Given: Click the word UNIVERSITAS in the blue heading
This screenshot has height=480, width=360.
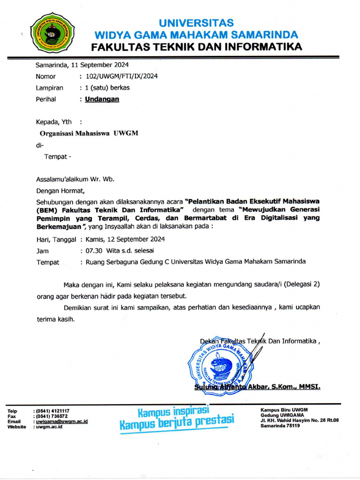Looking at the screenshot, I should click(196, 23).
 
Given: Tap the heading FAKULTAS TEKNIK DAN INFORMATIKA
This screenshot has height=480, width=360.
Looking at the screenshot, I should click(196, 47).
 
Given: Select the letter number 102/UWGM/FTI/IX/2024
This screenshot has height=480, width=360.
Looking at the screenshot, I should click(121, 76).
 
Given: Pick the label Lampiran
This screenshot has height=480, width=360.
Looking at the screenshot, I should click(49, 88).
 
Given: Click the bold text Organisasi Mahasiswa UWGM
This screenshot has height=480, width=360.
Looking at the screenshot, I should click(89, 133).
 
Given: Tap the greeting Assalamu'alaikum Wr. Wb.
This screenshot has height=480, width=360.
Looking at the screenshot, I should click(75, 179).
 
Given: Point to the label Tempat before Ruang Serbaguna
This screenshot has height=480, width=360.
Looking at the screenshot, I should click(48, 262).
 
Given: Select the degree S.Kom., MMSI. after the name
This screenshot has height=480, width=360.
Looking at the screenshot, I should click(297, 387).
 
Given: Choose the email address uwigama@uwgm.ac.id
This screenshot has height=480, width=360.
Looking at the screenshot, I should click(62, 421).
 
